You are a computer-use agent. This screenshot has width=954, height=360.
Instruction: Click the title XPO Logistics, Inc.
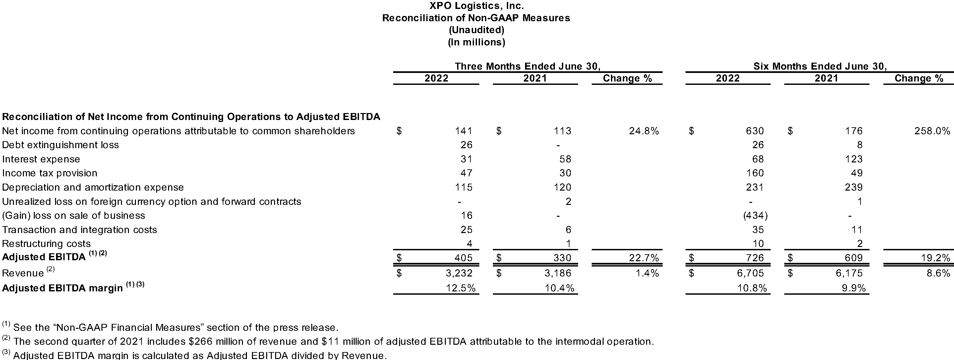click(476, 6)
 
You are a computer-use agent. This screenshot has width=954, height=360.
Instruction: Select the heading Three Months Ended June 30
click(527, 66)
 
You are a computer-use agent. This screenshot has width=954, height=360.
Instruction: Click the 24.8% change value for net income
click(644, 131)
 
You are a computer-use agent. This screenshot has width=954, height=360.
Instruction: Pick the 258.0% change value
click(932, 131)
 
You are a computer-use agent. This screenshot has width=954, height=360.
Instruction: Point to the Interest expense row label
click(41, 159)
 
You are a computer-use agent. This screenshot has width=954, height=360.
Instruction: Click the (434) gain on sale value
click(755, 215)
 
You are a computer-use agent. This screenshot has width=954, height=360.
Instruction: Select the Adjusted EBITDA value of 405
click(463, 258)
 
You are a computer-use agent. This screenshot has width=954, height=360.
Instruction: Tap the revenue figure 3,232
click(459, 273)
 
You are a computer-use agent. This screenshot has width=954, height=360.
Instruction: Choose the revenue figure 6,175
click(849, 273)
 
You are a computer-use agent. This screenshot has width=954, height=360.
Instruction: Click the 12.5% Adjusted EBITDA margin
click(461, 288)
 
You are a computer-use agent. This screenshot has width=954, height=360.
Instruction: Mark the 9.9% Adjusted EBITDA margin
click(854, 288)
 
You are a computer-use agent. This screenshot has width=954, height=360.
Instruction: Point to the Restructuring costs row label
click(46, 244)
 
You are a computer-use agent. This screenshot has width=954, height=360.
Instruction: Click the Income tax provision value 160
click(755, 173)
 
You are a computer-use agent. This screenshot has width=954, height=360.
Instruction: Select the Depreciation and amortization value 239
click(854, 187)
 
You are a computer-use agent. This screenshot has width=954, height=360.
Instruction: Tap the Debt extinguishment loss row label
click(60, 145)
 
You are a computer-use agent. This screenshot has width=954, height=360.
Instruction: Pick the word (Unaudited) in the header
click(476, 30)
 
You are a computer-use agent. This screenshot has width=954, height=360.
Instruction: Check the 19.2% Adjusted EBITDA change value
click(935, 258)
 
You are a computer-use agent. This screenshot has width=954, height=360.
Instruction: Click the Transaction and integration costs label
click(79, 230)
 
